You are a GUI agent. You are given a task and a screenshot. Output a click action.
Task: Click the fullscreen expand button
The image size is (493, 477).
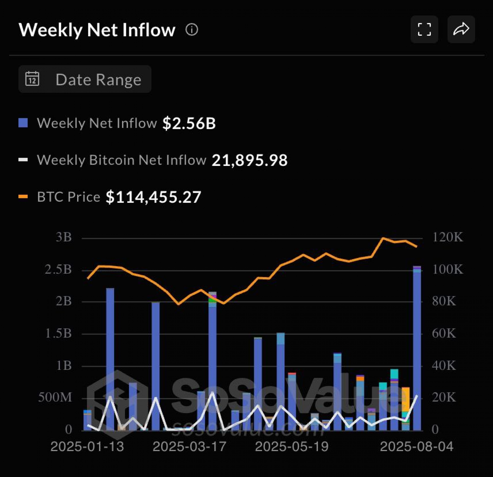pyautogui.click(x=424, y=29)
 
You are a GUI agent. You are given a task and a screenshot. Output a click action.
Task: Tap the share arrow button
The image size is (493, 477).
pyautogui.click(x=461, y=29)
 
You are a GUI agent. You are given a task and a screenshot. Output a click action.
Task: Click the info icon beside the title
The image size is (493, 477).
pyautogui.click(x=192, y=30)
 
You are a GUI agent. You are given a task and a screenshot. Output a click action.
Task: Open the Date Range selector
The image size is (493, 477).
pyautogui.click(x=85, y=79)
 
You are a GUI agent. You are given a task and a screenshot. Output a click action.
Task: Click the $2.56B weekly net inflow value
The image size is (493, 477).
pyautogui.click(x=189, y=123)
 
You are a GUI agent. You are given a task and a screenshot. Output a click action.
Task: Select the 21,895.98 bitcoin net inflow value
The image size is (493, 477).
pyautogui.click(x=249, y=160)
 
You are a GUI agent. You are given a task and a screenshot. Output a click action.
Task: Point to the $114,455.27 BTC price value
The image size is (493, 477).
pyautogui.click(x=153, y=197)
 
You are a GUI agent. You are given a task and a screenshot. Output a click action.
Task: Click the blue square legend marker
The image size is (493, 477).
pyautogui.click(x=23, y=123)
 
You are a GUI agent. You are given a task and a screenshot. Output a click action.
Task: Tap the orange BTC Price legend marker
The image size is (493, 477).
pyautogui.click(x=23, y=197)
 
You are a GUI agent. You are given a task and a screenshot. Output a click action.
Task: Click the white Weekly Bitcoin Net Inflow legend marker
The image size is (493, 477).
pyautogui.click(x=23, y=160)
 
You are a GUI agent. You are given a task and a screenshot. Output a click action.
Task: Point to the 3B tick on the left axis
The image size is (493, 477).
pyautogui.click(x=64, y=237)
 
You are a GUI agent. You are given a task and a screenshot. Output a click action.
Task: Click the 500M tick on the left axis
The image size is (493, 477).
pyautogui.click(x=55, y=397)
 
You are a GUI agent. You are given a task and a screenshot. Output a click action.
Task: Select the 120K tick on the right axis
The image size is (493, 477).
pyautogui.click(x=448, y=237)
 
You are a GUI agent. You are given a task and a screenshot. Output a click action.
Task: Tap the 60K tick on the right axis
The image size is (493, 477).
pyautogui.click(x=444, y=333)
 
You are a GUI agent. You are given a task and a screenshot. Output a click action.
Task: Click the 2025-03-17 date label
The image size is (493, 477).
pyautogui.click(x=189, y=447)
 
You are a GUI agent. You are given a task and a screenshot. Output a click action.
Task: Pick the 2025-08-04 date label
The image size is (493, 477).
pyautogui.click(x=416, y=447)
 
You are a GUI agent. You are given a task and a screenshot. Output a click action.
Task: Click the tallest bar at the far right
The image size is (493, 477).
pyautogui.click(x=417, y=349)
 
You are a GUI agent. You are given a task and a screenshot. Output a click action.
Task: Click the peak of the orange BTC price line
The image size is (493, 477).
pyautogui.click(x=383, y=238)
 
